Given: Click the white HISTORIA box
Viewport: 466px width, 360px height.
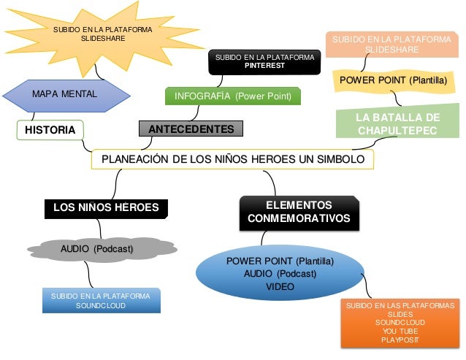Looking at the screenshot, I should (x=50, y=130).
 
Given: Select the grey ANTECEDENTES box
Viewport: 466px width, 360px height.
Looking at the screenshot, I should (x=191, y=129).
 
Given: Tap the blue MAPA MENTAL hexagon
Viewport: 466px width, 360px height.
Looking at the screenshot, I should (x=64, y=94).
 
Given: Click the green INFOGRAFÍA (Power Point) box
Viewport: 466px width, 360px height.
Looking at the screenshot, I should (x=233, y=96).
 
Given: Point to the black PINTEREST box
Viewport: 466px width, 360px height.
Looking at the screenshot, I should (x=264, y=61).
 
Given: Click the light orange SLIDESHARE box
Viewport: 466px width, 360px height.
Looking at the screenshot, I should (x=391, y=45).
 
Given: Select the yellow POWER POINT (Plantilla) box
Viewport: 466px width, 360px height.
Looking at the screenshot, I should (x=392, y=80).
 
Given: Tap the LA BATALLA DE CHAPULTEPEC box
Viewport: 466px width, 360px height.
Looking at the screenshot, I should (x=397, y=124).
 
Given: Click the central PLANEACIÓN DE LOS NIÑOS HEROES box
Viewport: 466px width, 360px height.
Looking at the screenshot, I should (x=232, y=159).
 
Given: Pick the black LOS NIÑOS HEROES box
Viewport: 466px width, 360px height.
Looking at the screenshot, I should (x=106, y=207).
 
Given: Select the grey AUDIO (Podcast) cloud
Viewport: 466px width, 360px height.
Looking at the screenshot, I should (x=96, y=250).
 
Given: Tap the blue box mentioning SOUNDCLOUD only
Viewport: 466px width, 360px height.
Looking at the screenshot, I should (x=101, y=301).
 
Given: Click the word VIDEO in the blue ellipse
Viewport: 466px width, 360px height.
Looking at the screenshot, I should (x=280, y=287).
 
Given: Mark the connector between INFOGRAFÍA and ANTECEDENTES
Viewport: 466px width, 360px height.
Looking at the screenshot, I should (x=196, y=112).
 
